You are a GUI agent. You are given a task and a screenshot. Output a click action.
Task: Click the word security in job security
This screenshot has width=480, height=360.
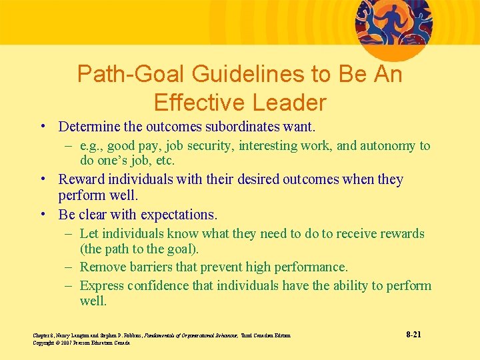click(x=212, y=146)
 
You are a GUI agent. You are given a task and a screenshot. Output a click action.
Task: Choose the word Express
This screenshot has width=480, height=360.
click(x=102, y=286)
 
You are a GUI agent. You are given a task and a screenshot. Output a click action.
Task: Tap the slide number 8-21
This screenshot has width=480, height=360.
click(x=413, y=333)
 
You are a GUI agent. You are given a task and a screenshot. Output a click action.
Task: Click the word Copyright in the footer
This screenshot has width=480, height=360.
click(x=45, y=343)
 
